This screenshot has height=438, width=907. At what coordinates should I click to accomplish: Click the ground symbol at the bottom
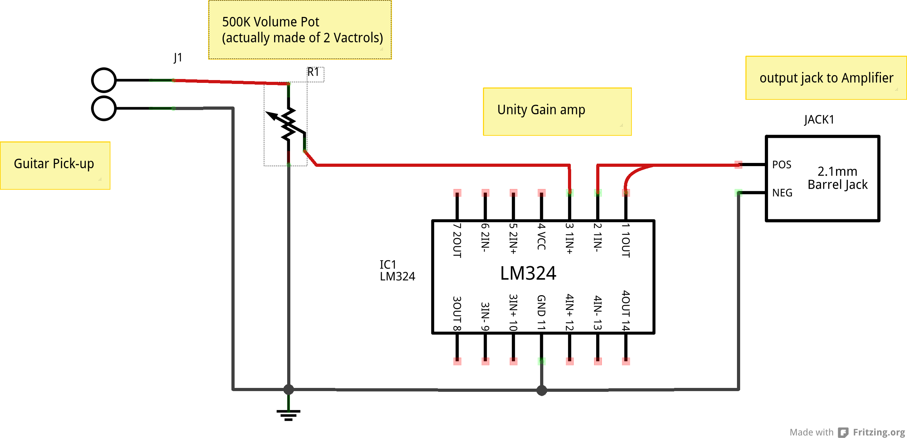(x=288, y=415)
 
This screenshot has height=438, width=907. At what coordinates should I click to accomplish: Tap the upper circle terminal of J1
(x=104, y=80)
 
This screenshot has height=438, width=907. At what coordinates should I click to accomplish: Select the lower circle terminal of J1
(x=104, y=108)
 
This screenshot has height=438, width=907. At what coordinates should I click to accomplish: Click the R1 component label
(x=313, y=72)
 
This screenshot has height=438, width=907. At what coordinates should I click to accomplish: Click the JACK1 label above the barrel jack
(x=819, y=120)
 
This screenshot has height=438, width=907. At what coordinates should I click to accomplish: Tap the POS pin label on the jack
(x=781, y=165)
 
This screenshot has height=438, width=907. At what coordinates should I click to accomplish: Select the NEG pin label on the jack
(x=782, y=193)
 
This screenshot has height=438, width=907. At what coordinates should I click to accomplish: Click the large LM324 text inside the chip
(x=528, y=273)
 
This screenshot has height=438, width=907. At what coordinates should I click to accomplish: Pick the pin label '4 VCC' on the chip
(x=542, y=236)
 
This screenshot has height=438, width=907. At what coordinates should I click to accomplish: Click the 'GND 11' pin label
(x=542, y=312)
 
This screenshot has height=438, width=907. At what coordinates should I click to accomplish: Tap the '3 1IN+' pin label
(x=569, y=238)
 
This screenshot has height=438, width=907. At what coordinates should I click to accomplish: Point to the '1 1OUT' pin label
(x=625, y=240)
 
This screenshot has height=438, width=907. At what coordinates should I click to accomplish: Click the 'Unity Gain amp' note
(x=541, y=110)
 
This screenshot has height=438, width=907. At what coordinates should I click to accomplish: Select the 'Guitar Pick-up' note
(x=54, y=164)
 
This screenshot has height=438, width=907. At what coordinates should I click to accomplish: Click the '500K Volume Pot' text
(x=270, y=22)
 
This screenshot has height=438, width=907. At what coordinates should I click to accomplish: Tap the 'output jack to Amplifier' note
(x=826, y=78)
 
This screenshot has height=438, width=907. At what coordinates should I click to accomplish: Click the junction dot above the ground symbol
(x=289, y=389)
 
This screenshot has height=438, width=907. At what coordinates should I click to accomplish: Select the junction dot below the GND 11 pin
(x=542, y=390)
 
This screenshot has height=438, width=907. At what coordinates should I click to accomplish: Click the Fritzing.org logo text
(x=878, y=432)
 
